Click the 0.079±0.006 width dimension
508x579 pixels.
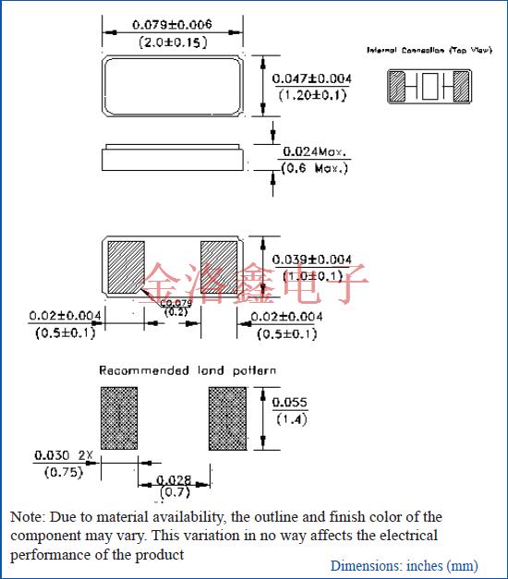click(x=173, y=25)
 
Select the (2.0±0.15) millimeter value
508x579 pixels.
click(x=173, y=42)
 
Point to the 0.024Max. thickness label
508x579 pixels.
click(x=316, y=151)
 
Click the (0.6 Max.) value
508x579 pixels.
click(x=315, y=168)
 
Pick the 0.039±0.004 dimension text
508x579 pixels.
click(x=311, y=259)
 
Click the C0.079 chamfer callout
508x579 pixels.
click(x=175, y=303)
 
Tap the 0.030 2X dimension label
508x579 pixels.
click(x=64, y=456)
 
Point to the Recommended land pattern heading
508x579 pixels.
click(x=187, y=370)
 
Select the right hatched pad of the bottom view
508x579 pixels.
click(x=219, y=265)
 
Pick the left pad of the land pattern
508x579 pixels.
click(x=119, y=418)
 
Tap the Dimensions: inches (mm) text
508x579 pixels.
click(x=404, y=565)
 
